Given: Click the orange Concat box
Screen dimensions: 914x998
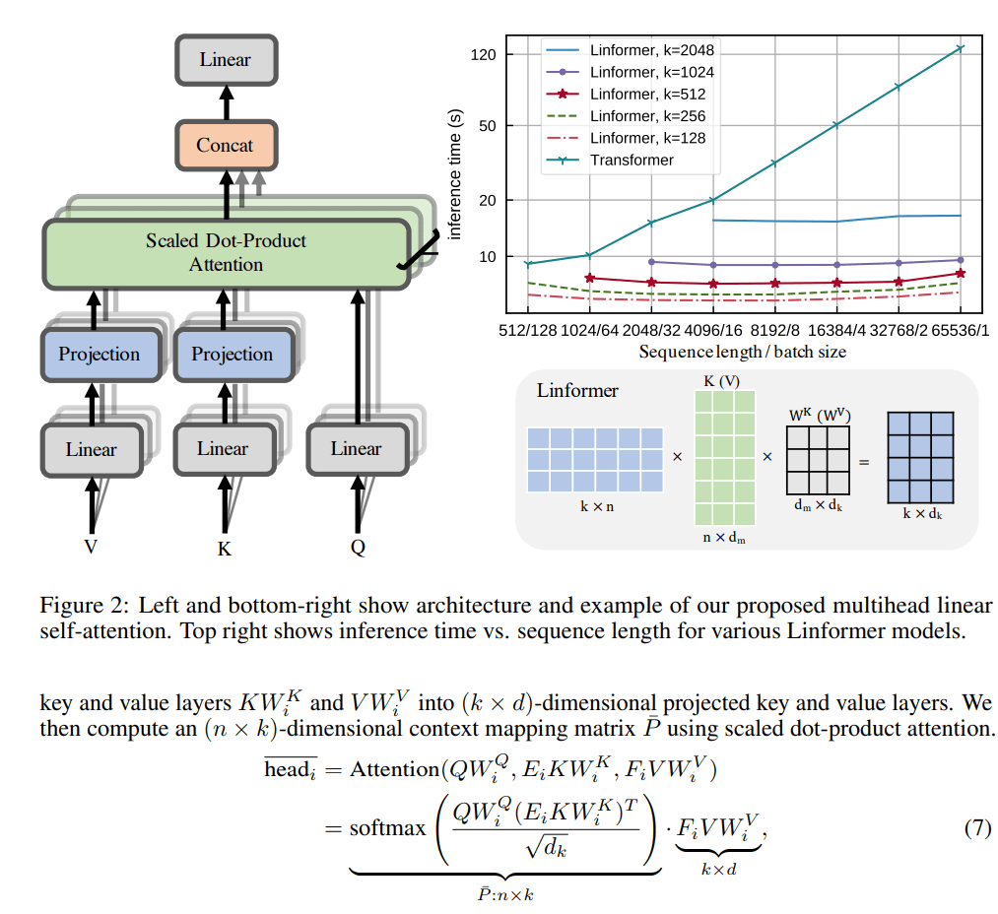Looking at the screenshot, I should (225, 146).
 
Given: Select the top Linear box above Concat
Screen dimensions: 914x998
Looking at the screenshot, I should (225, 60).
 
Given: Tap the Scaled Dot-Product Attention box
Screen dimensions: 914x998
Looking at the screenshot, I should (226, 252).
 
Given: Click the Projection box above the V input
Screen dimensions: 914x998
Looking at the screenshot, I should (99, 355).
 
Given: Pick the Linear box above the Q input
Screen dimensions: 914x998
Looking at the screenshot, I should (356, 449).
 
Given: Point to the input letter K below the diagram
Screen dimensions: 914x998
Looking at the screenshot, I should (224, 550).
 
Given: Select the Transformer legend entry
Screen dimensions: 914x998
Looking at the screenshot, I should (632, 160).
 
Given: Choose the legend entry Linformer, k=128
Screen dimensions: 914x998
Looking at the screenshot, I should (647, 138).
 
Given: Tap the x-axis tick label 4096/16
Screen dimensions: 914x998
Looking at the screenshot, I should (715, 331).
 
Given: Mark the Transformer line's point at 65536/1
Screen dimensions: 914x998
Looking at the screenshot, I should (960, 47).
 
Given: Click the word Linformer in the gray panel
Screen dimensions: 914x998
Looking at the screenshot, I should (577, 390).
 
